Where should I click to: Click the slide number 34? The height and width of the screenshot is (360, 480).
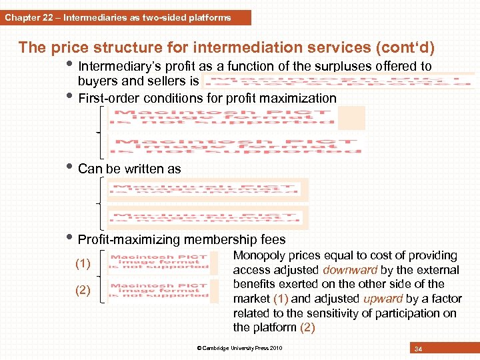418,349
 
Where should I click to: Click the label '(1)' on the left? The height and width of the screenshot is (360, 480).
83,264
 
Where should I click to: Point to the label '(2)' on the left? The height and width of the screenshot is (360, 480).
83,290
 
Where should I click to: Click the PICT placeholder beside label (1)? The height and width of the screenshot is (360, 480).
160,263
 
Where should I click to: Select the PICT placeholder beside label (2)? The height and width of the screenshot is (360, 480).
160,291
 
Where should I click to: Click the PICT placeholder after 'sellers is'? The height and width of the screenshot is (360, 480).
337,81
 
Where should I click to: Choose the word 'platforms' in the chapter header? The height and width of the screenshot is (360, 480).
209,18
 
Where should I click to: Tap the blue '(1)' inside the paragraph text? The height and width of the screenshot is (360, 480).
279,299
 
